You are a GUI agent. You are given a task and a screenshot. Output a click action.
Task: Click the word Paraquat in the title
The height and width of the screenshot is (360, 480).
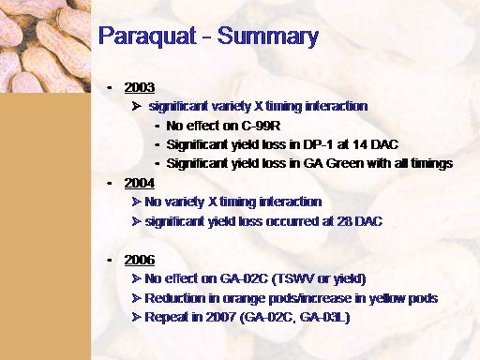pyautogui.click(x=147, y=37)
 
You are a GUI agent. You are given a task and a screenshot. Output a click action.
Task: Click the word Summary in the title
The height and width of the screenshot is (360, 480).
pyautogui.click(x=268, y=37)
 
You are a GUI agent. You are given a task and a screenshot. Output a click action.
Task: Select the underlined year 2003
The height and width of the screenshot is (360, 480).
pyautogui.click(x=140, y=87)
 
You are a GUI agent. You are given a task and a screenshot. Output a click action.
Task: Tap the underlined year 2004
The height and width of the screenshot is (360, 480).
pyautogui.click(x=140, y=183)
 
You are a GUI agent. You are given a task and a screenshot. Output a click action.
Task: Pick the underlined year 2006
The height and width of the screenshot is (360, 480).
pyautogui.click(x=140, y=260)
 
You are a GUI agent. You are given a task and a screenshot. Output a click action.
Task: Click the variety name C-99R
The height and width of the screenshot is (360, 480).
pyautogui.click(x=261, y=126)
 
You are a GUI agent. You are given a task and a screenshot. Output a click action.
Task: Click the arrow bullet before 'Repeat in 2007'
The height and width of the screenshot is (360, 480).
pyautogui.click(x=136, y=318)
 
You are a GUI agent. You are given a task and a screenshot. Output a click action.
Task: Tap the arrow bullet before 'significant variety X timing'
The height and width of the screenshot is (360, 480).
pyautogui.click(x=136, y=107)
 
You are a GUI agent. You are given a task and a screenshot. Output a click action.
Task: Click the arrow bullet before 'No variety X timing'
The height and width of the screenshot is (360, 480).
pyautogui.click(x=136, y=202)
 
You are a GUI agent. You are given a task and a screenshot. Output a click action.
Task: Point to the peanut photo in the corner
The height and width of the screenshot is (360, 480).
pyautogui.click(x=45, y=46)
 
